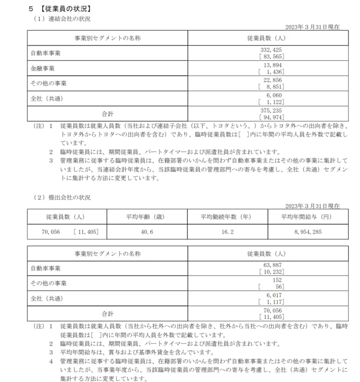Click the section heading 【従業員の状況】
pos(66,8)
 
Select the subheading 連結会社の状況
pos(70,19)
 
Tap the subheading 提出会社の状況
pos(70,198)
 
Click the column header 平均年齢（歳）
pos(147,217)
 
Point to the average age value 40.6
pos(147,232)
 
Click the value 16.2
pos(227,232)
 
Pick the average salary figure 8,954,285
pos(308,232)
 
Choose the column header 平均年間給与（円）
pos(308,217)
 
